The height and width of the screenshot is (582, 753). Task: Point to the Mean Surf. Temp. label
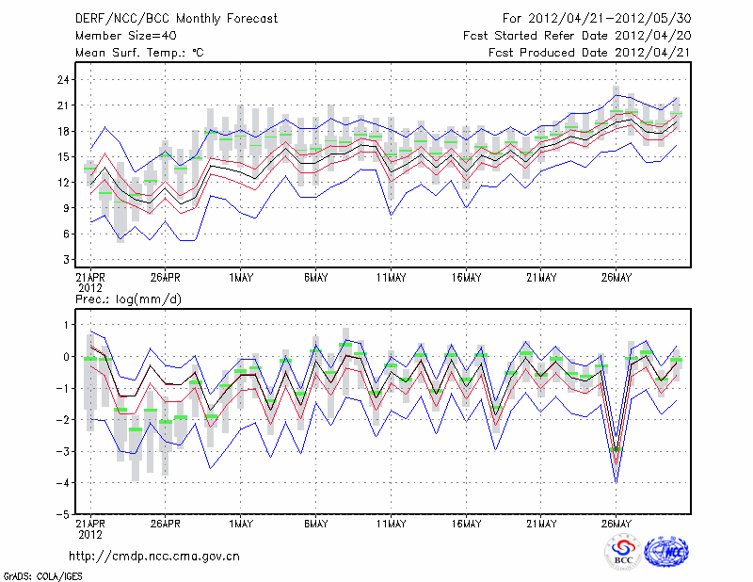tap(139, 53)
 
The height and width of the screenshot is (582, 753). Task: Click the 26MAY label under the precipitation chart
tap(617, 524)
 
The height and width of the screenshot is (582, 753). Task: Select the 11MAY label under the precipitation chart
tap(391, 524)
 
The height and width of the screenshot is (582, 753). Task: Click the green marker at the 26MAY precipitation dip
tap(617, 450)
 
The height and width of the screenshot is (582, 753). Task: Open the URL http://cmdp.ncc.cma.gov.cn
tap(154, 556)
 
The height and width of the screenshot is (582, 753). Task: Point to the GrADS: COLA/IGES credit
tap(39, 574)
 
